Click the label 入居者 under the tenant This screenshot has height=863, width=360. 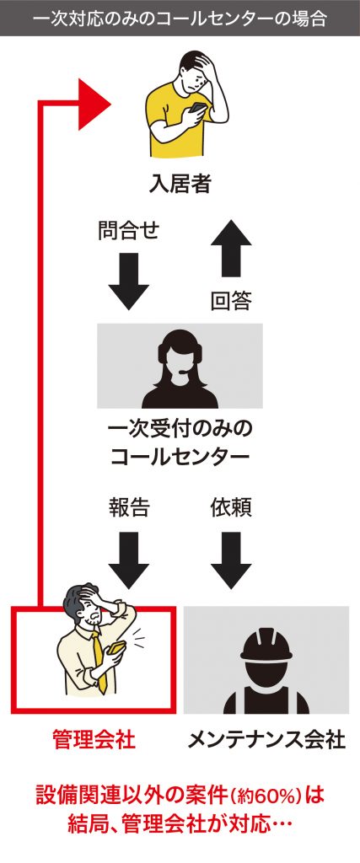[180, 184]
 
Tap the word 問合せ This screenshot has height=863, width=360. [128, 230]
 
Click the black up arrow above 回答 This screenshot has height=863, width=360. [231, 248]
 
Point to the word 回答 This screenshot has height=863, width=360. [231, 301]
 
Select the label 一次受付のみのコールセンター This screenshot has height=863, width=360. [180, 442]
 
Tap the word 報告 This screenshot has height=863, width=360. [128, 508]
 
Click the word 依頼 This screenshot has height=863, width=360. [231, 508]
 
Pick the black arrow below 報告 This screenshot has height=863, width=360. [128, 560]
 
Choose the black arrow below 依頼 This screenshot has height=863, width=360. [231, 560]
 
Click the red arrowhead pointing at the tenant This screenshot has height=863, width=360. [94, 104]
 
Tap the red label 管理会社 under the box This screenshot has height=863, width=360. [94, 739]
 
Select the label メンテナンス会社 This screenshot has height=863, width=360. [266, 739]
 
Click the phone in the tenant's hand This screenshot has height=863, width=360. [197, 108]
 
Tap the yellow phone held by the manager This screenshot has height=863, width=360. [116, 647]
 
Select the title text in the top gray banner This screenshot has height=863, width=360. [180, 19]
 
